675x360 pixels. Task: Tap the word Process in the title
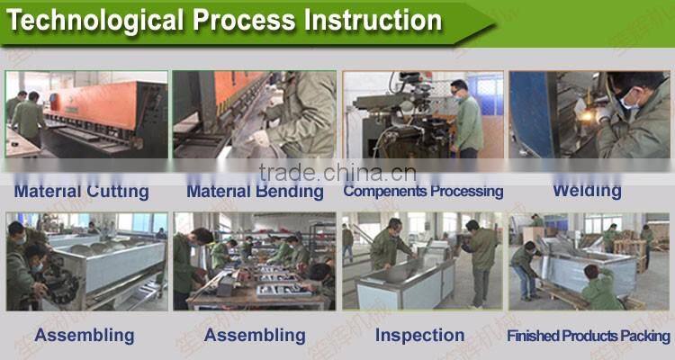point(239,20)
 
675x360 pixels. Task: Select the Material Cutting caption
point(81,191)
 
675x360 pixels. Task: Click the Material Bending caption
point(255,191)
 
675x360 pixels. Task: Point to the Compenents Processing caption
point(423,191)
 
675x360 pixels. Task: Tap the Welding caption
point(587,190)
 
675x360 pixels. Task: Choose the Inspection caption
point(419,335)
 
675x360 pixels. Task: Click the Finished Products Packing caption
point(589,336)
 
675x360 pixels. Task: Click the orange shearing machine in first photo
point(108,103)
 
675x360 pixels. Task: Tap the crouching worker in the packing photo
point(599,288)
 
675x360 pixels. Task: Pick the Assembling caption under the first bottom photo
point(84,335)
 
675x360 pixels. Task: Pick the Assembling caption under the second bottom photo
point(255,335)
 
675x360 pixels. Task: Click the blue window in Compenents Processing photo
point(490,94)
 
